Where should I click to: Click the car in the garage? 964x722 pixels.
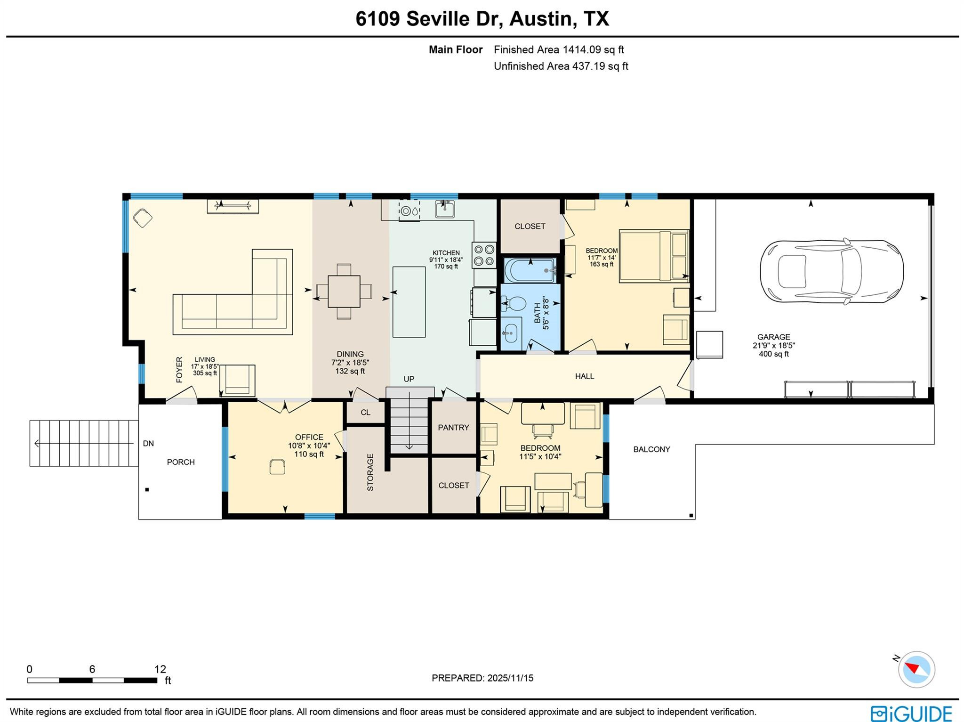click(x=831, y=271)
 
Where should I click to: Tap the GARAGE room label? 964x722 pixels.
click(x=773, y=337)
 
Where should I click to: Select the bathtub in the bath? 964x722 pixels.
click(x=530, y=270)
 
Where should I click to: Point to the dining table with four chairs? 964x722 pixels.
click(x=344, y=291)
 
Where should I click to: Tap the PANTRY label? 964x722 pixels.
click(x=453, y=428)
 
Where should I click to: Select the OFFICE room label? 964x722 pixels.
click(x=309, y=437)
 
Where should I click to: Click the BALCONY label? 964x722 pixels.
click(x=651, y=449)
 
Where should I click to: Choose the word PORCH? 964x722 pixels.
click(x=181, y=462)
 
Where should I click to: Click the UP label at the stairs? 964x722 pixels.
click(x=409, y=379)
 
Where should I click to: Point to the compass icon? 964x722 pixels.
click(x=916, y=669)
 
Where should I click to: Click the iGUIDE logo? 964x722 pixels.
click(x=911, y=713)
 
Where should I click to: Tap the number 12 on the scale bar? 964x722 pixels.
click(x=160, y=669)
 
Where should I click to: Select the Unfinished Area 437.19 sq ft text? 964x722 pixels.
click(x=561, y=66)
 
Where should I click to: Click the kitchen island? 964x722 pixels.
click(x=409, y=301)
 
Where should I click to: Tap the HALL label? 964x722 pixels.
click(x=584, y=376)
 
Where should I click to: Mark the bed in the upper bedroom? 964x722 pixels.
click(x=654, y=256)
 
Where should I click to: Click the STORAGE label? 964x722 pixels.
click(x=370, y=472)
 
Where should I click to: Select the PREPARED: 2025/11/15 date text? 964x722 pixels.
click(x=482, y=678)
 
